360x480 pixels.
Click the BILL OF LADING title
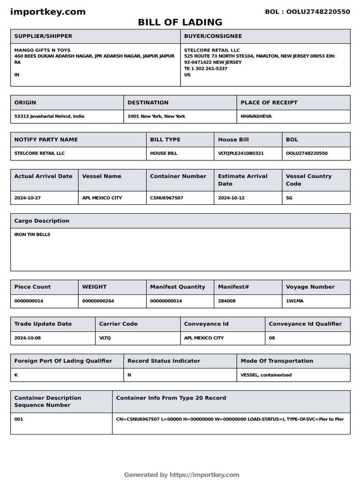(x=180, y=22)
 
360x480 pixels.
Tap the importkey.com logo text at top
(x=48, y=12)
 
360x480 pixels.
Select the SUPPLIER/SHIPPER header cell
(x=43, y=36)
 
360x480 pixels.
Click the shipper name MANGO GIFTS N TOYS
(x=43, y=50)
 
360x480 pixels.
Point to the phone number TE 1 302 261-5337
(x=206, y=68)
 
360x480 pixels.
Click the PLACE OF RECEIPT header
(x=269, y=103)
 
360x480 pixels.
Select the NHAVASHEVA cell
(x=256, y=116)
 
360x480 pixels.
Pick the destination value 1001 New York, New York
(x=156, y=116)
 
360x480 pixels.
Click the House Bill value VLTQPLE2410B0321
(x=241, y=153)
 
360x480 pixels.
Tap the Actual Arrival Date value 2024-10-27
(x=28, y=198)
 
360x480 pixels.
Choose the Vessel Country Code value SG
(x=289, y=198)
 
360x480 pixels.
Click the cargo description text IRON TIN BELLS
(x=32, y=234)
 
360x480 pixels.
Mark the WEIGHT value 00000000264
(x=98, y=301)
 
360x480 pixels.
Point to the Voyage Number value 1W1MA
(x=295, y=301)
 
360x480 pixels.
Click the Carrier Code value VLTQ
(x=105, y=338)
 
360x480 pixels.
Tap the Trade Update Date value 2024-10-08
(x=28, y=338)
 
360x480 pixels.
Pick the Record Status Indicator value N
(x=129, y=375)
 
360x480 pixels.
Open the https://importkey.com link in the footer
(x=204, y=475)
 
